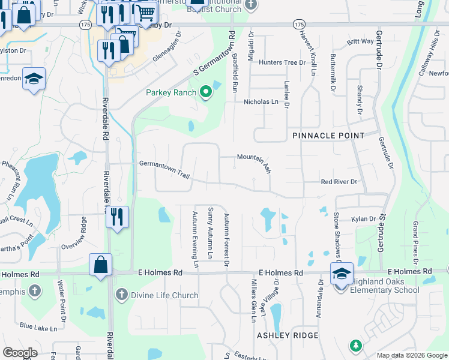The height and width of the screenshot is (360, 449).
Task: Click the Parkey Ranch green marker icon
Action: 206,92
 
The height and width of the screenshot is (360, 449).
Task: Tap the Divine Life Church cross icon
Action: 121,295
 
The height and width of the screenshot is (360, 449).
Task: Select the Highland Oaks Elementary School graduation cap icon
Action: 342,274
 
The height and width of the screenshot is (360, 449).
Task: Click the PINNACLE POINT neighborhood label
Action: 328,136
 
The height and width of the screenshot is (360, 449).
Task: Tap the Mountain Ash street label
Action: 254,161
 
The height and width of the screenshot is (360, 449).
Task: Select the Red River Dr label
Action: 339,182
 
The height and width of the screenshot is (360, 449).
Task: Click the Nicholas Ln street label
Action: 261,102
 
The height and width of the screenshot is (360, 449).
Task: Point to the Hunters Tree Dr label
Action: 282,62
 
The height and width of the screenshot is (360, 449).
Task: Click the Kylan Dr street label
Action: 364,220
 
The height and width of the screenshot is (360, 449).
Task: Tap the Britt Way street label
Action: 360,42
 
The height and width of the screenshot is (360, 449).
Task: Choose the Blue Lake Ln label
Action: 38,328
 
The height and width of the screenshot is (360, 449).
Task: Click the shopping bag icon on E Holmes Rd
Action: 101,265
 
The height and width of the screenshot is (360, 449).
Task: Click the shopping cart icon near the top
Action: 145,11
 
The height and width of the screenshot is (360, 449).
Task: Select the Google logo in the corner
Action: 20,353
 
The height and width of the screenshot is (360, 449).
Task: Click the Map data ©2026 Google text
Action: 411,355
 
